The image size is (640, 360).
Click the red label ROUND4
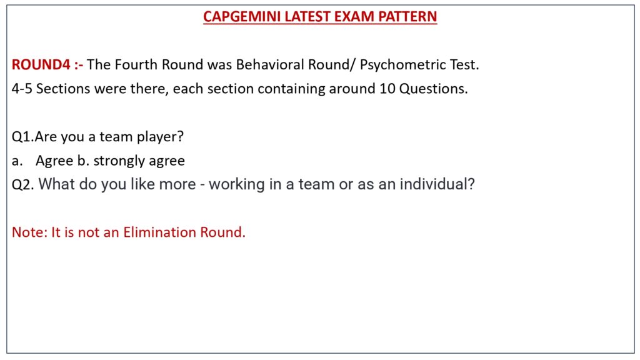pyautogui.click(x=41, y=64)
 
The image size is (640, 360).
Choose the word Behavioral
pyautogui.click(x=270, y=64)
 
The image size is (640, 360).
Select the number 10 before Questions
pyautogui.click(x=387, y=89)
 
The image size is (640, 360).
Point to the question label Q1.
pyautogui.click(x=23, y=136)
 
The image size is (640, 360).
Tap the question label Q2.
pyautogui.click(x=23, y=184)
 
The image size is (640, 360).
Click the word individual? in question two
pyautogui.click(x=437, y=184)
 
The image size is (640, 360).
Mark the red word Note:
pyautogui.click(x=30, y=232)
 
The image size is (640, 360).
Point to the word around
pyautogui.click(x=352, y=89)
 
